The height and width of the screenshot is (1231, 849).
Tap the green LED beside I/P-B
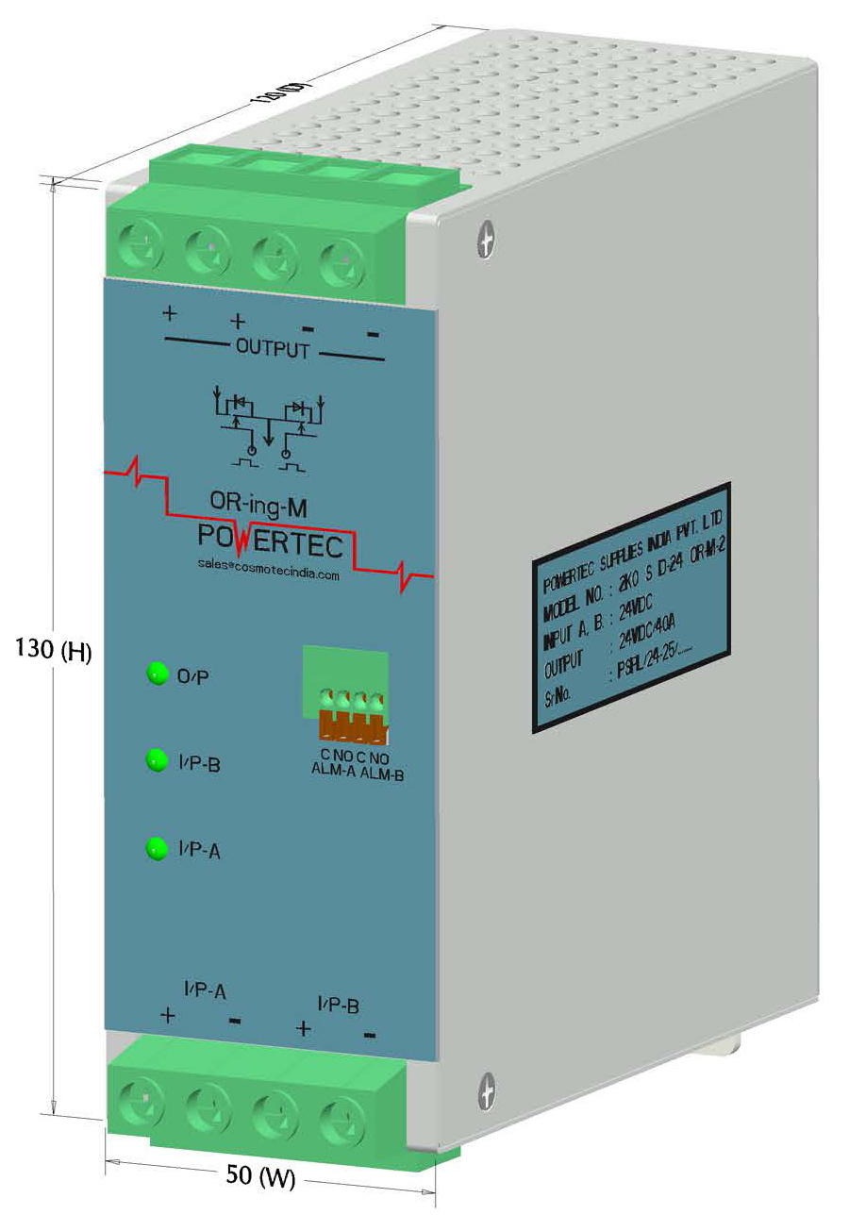(155, 761)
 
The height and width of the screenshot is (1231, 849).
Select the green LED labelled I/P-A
(155, 849)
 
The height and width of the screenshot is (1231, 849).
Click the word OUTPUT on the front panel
(272, 349)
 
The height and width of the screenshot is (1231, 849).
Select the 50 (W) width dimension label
(261, 1175)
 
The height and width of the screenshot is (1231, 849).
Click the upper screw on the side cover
(487, 239)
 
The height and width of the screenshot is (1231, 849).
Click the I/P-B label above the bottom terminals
(337, 1006)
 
